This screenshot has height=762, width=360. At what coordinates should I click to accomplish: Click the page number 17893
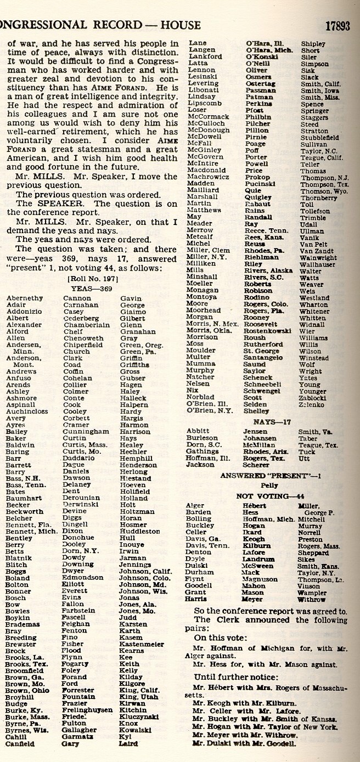(x=337, y=25)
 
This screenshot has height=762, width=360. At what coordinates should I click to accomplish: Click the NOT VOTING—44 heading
(x=271, y=495)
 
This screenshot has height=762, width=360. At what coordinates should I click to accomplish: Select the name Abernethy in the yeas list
(x=24, y=298)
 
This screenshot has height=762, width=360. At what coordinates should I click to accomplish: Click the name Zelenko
(x=312, y=404)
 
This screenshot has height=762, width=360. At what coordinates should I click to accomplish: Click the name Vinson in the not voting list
(x=308, y=586)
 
